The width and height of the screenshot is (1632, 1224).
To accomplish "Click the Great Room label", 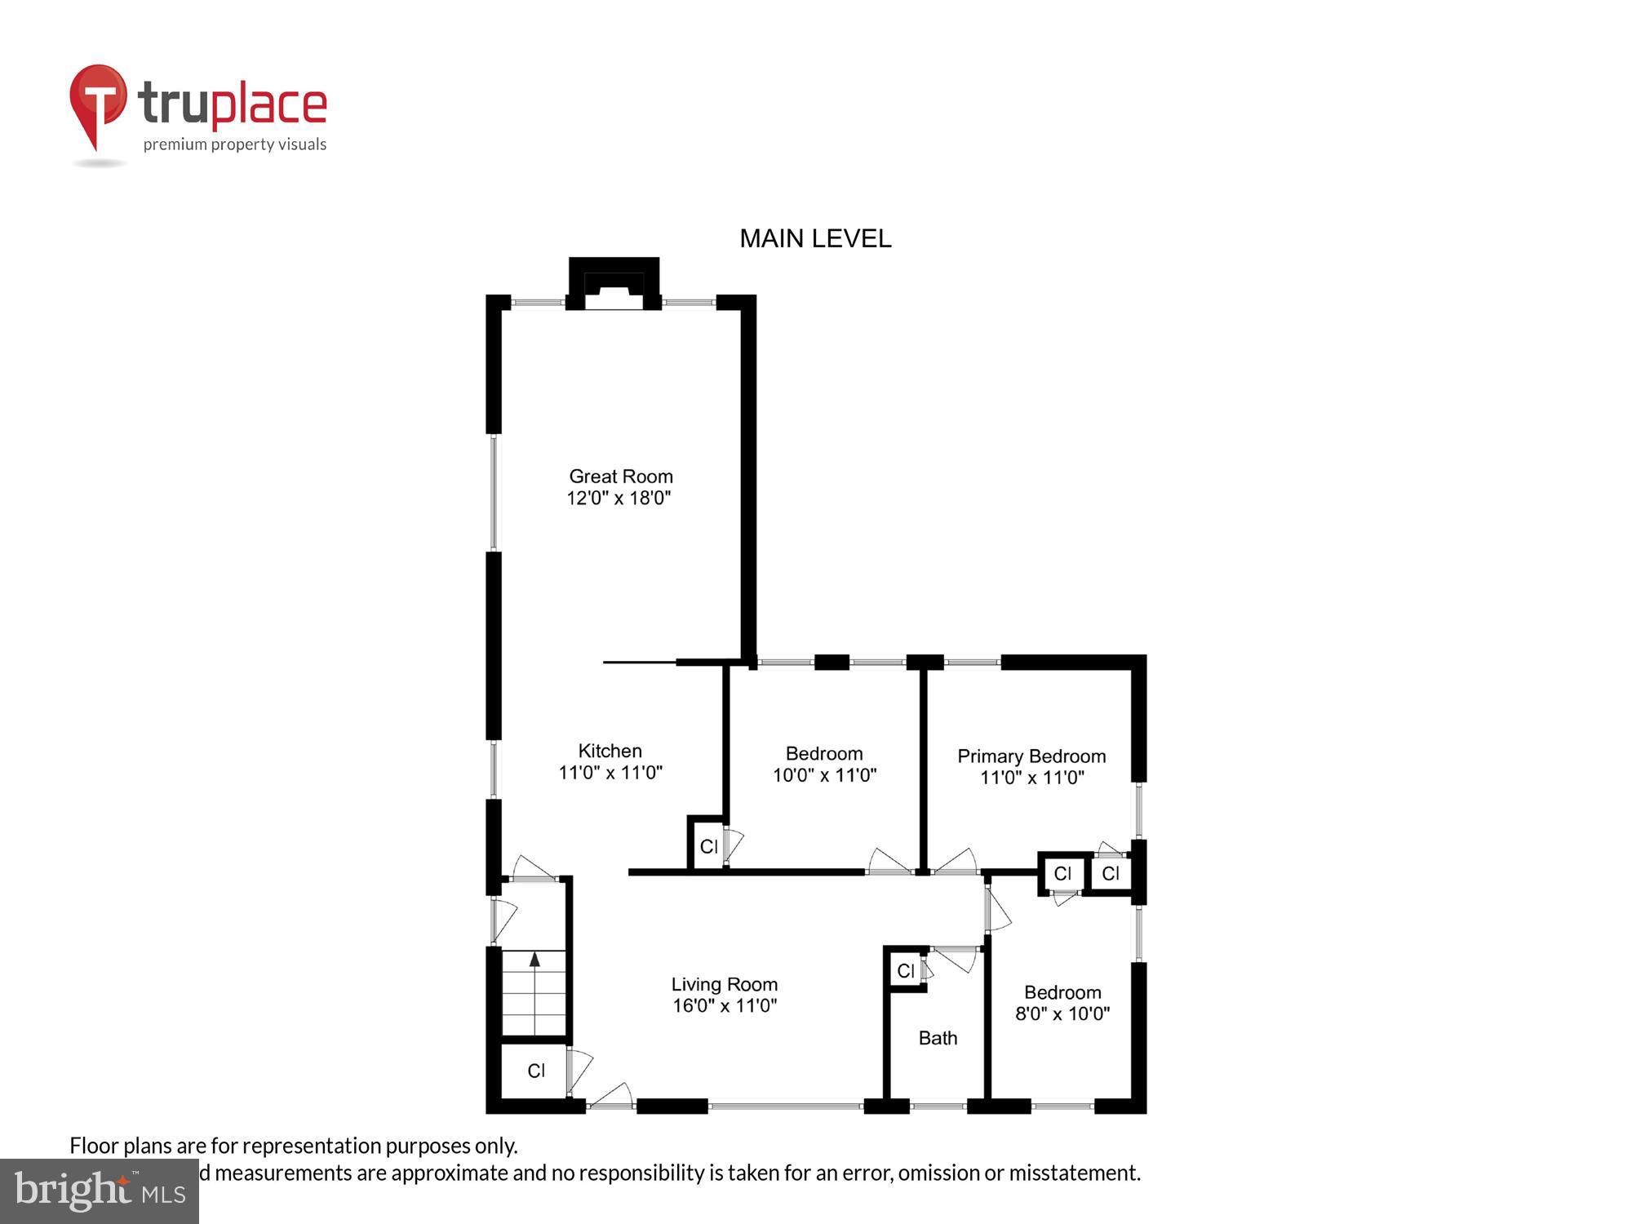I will [620, 476].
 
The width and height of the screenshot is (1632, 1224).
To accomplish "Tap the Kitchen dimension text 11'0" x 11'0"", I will [610, 772].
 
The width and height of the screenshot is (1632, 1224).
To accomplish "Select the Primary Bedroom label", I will [1031, 756].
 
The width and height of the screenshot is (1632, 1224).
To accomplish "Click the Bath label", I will [938, 1038].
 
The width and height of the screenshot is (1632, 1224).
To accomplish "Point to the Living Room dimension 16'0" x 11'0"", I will [724, 1005].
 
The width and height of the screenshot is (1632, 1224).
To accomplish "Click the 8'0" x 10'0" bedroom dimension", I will [1062, 1013].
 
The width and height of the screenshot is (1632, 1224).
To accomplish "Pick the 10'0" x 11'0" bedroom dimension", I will [824, 774].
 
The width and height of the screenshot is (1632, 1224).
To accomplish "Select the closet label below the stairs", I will [535, 1071].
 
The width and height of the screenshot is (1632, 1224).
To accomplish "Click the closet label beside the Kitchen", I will [708, 846].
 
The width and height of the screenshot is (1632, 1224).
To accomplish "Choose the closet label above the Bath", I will [906, 971].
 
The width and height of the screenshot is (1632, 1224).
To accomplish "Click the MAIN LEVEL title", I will [814, 238].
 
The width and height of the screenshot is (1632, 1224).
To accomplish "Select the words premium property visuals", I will [235, 145].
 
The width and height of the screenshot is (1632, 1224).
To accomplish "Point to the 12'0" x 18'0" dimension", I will [619, 498].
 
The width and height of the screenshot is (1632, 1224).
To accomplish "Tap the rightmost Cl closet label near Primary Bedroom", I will [1111, 874].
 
